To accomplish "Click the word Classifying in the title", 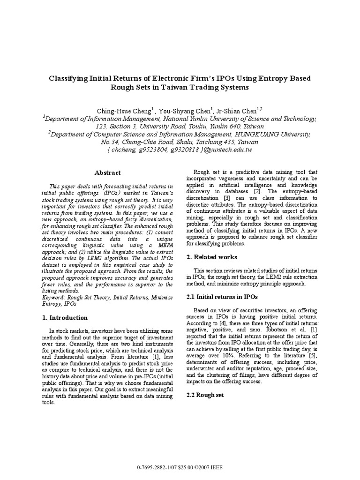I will pos(71,78).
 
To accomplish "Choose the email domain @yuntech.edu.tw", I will pos(226,150).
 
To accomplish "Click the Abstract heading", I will pos(107,172).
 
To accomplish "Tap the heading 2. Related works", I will pos(212,257).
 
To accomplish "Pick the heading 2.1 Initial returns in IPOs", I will pos(222,297).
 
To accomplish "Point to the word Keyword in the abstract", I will pos(53,298).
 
